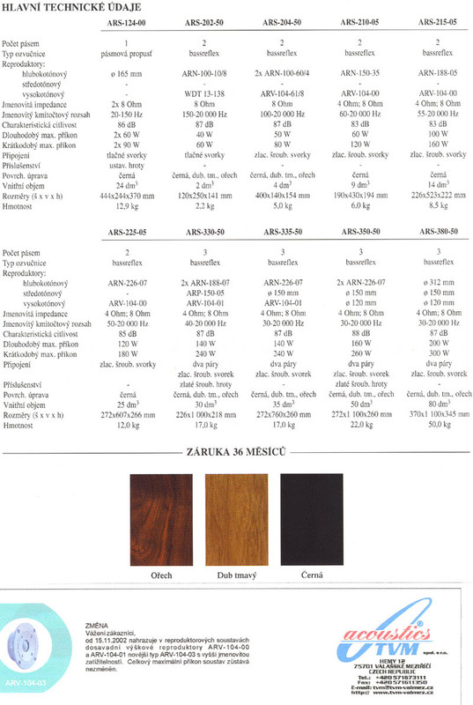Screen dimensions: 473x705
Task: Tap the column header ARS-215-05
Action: tap(439, 20)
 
